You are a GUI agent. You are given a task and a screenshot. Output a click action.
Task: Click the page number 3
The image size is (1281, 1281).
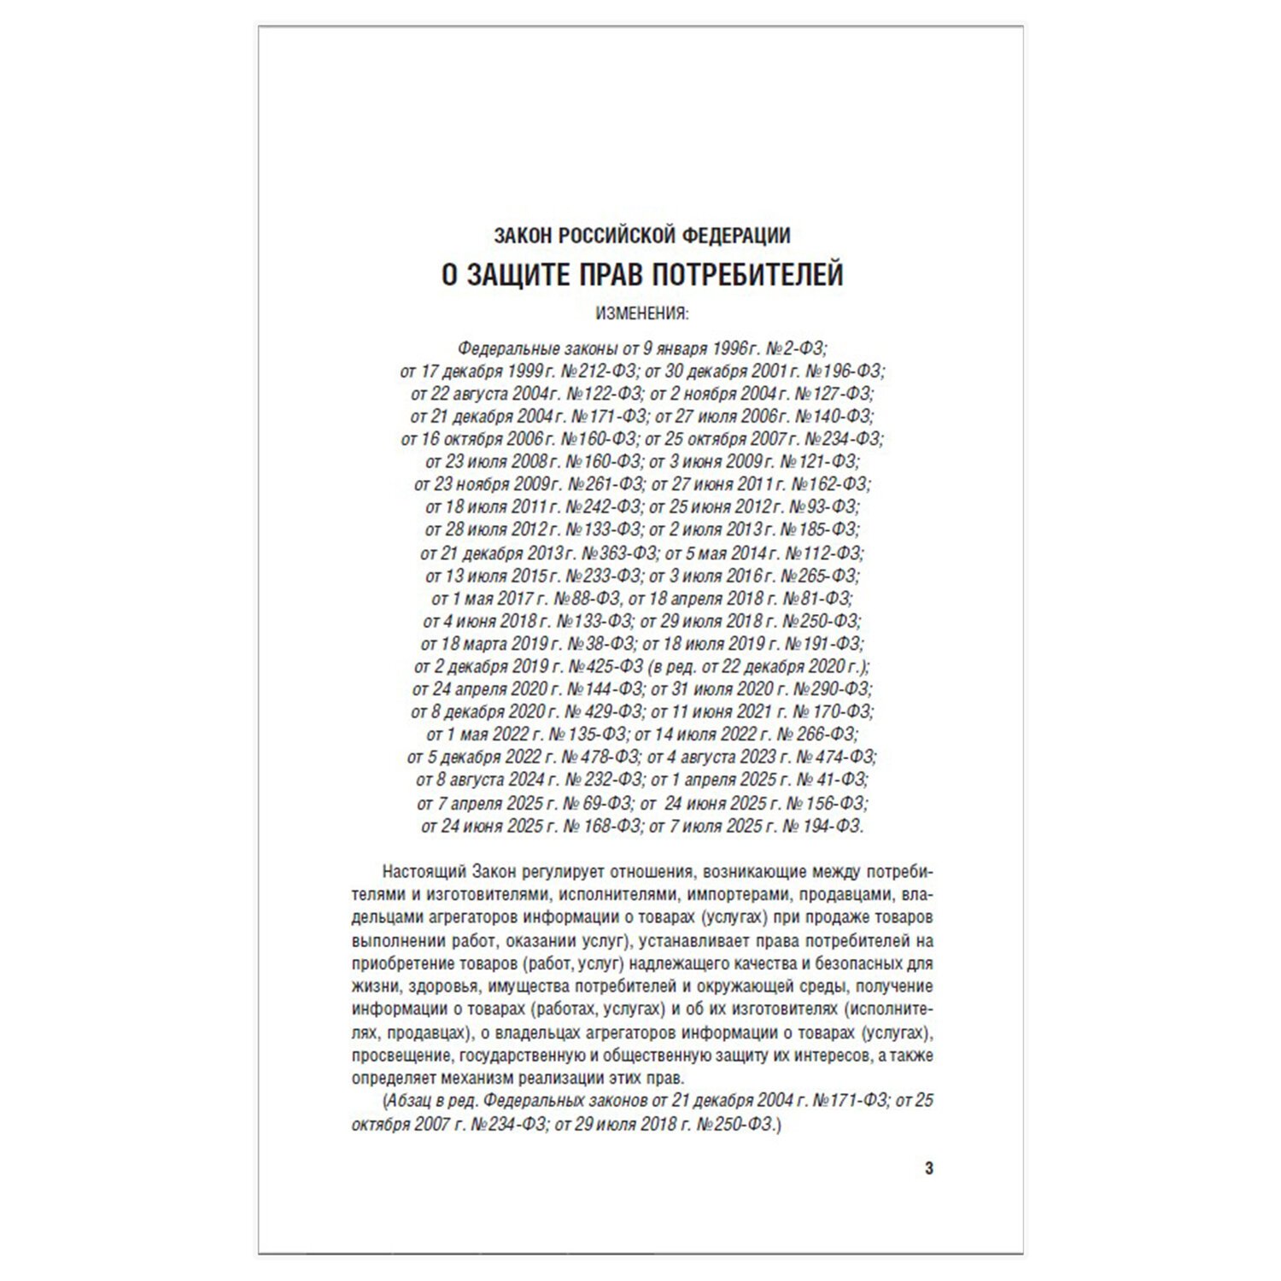pos(929,1168)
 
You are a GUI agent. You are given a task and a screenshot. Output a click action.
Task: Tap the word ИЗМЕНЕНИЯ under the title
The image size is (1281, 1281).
pos(640,313)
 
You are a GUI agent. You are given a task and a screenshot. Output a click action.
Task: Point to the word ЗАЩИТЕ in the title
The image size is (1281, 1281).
pos(518,275)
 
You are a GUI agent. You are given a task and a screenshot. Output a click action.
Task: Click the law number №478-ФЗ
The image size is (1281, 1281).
pos(600,757)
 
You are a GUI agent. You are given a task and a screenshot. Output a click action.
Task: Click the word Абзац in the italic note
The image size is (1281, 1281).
pos(409,1101)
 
